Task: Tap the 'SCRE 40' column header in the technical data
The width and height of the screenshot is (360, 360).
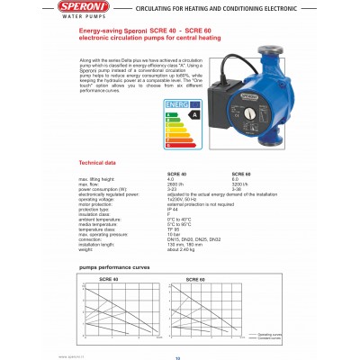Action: click(153, 173)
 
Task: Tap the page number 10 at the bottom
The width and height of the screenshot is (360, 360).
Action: click(177, 355)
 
